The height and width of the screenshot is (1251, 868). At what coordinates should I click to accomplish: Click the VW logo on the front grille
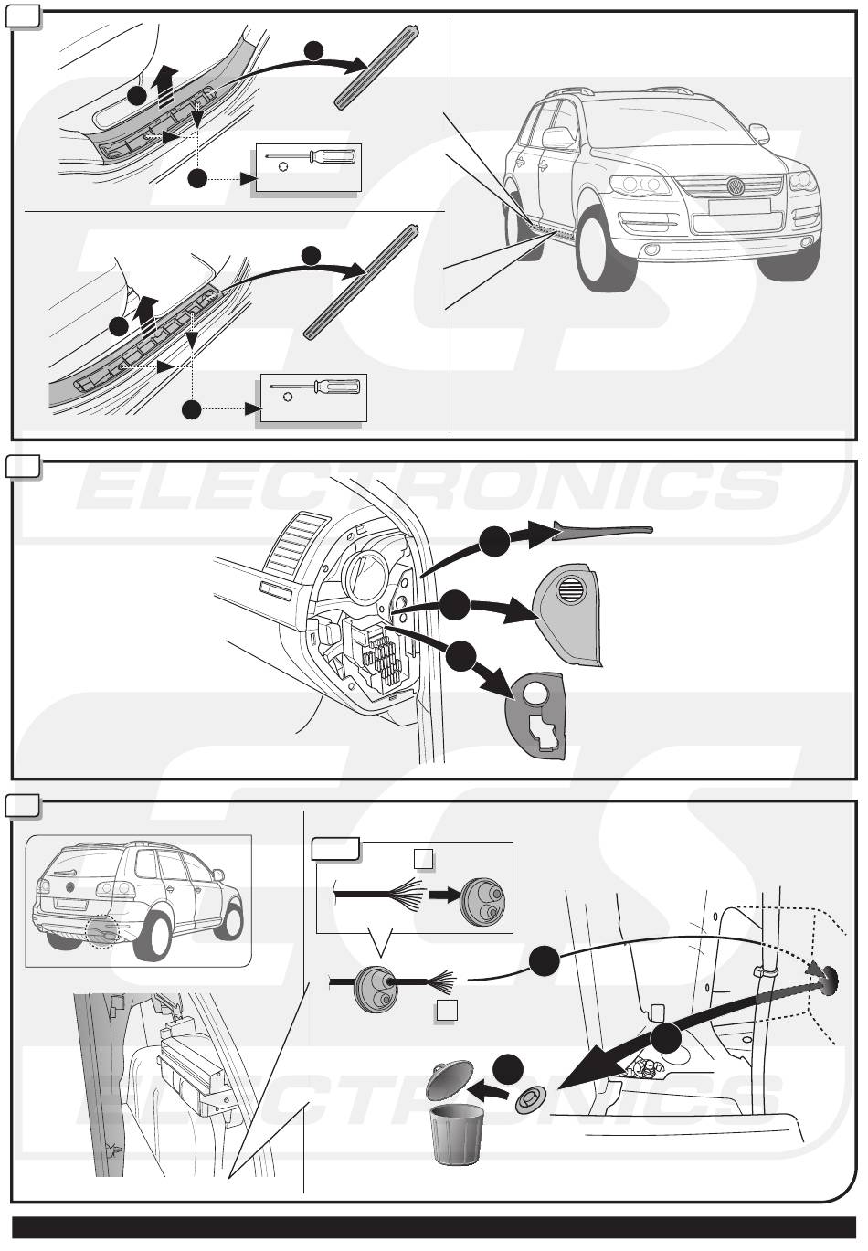[735, 186]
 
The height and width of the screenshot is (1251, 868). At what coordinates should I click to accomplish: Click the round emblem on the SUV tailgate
[69, 885]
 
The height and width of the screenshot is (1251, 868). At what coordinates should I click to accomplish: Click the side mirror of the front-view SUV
[557, 138]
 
